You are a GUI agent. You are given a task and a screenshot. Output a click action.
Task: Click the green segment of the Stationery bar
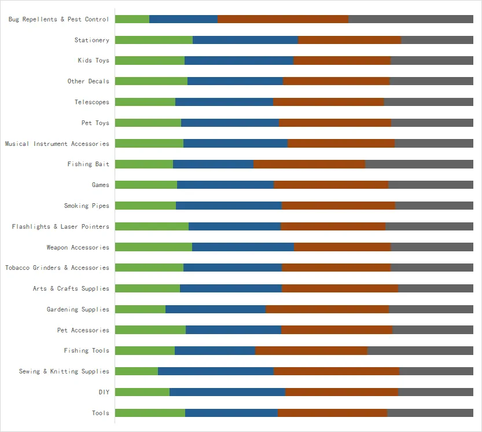click(x=154, y=40)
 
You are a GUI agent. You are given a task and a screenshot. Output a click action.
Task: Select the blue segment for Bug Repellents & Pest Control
click(x=183, y=19)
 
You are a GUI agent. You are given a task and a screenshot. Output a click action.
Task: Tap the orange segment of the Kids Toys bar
click(x=342, y=60)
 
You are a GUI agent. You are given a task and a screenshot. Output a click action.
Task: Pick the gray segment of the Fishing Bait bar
click(x=420, y=164)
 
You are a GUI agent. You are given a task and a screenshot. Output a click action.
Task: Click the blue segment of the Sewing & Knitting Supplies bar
click(x=216, y=371)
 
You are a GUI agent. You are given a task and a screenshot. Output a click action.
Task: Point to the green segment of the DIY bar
click(x=142, y=392)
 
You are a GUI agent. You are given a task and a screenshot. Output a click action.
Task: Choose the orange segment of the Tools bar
click(x=333, y=413)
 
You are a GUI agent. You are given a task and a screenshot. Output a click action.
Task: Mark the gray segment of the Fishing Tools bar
click(x=421, y=350)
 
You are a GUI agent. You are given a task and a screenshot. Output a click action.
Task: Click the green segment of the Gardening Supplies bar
click(x=141, y=309)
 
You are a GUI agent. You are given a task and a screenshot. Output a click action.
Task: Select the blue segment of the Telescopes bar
click(x=225, y=102)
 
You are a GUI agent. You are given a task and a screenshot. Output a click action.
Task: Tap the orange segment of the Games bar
click(x=331, y=185)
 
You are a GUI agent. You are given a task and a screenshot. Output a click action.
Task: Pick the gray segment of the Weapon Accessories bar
click(x=432, y=247)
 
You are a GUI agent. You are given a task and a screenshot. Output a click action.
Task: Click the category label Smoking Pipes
click(x=87, y=206)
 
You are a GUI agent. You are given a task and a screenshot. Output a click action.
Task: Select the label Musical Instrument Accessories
click(x=57, y=144)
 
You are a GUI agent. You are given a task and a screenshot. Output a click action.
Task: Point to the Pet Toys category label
click(x=95, y=123)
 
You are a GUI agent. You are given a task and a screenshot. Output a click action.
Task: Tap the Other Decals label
click(x=89, y=81)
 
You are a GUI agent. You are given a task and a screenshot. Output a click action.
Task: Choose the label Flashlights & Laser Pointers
click(x=61, y=226)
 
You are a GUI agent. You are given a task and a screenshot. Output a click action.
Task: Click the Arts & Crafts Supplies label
click(x=71, y=288)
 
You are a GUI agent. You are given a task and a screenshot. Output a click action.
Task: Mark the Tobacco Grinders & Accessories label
click(x=57, y=268)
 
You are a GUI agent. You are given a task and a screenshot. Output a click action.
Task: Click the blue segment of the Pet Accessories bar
click(x=234, y=330)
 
